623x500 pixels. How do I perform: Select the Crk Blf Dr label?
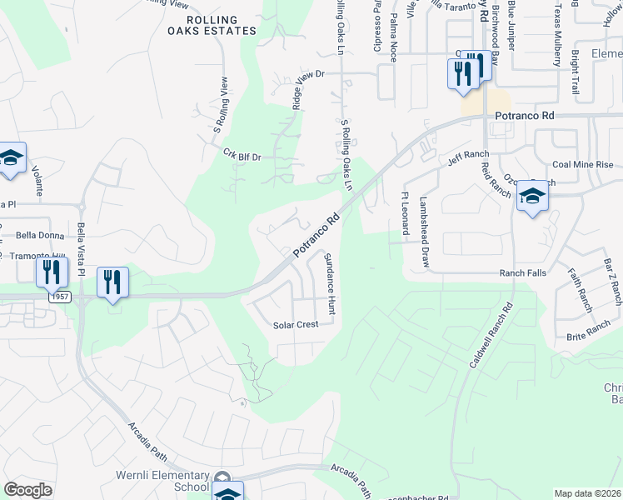coord(242,155)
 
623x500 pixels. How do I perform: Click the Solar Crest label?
coord(297,325)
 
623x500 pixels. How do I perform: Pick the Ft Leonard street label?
coord(406,214)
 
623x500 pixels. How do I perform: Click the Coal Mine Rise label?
coord(582,164)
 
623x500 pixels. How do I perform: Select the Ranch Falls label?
coord(522,272)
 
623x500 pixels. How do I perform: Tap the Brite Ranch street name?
coord(588,332)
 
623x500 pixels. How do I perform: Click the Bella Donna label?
coord(35,235)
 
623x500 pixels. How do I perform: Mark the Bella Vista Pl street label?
coord(82,248)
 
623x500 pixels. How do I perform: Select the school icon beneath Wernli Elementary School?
coord(227,492)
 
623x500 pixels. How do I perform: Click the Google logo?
coord(27,490)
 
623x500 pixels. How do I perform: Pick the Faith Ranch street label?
coord(582,287)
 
